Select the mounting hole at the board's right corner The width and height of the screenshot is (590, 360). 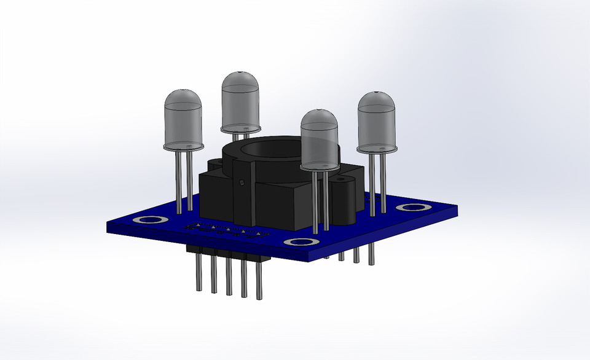click(409, 207)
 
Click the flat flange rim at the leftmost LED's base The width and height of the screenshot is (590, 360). click(183, 147)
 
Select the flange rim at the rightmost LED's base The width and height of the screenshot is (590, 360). click(376, 148)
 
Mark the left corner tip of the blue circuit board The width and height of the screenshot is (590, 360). click(108, 225)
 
